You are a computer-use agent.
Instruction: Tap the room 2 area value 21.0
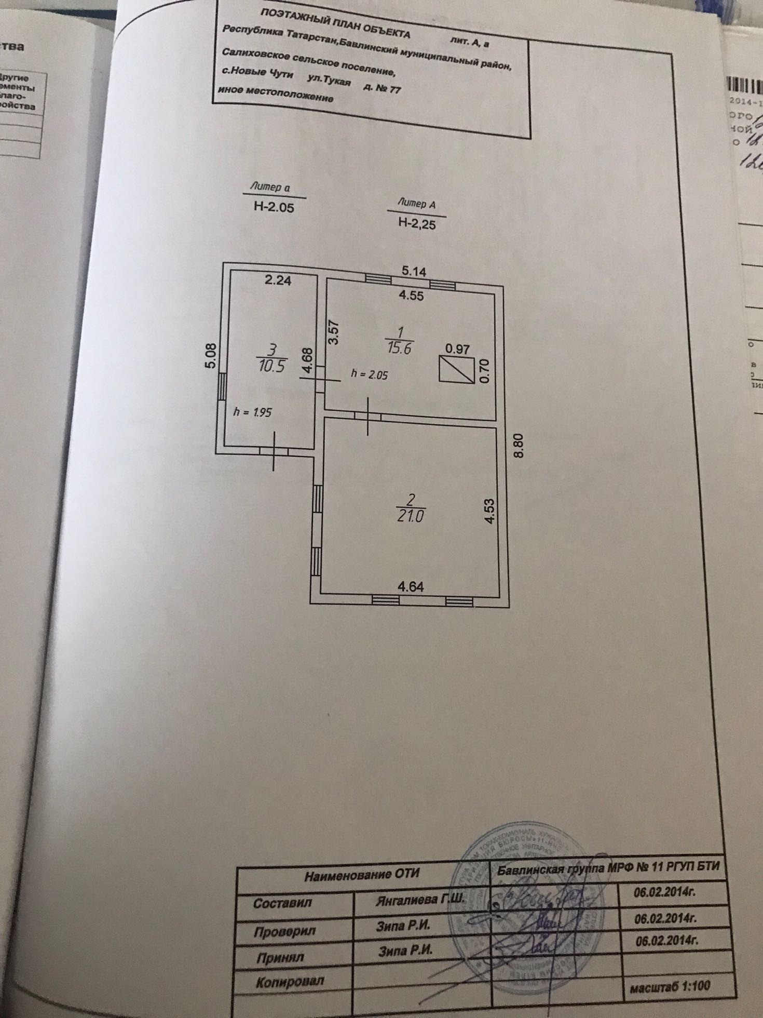point(411,517)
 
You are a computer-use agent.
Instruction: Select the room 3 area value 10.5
point(271,366)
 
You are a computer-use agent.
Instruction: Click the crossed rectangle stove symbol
point(456,369)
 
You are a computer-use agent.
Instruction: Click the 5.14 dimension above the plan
point(414,271)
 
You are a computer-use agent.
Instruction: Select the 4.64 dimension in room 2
point(410,587)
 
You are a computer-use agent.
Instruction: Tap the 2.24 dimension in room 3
point(278,281)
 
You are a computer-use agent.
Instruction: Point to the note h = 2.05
point(369,374)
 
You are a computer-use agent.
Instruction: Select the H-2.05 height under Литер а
point(274,207)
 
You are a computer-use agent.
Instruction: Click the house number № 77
point(388,89)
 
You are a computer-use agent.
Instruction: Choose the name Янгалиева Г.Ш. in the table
point(418,900)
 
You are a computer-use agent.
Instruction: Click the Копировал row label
point(290,981)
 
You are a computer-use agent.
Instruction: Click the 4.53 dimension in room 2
point(489,512)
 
